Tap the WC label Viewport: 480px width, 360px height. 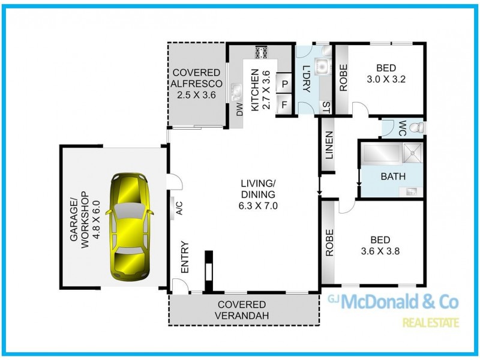[402, 128]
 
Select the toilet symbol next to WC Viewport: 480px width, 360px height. [418, 128]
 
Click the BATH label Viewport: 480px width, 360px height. [393, 176]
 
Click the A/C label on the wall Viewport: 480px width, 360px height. [178, 208]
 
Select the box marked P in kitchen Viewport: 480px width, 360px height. [284, 85]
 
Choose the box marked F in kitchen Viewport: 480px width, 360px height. [284, 103]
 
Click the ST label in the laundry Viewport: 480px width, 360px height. [326, 107]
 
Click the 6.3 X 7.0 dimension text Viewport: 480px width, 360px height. [258, 205]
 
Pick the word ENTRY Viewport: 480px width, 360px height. [185, 257]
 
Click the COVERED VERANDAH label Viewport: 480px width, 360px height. [242, 310]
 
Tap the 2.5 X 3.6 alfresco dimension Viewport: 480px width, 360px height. [196, 94]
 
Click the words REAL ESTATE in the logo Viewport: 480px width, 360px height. [431, 323]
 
